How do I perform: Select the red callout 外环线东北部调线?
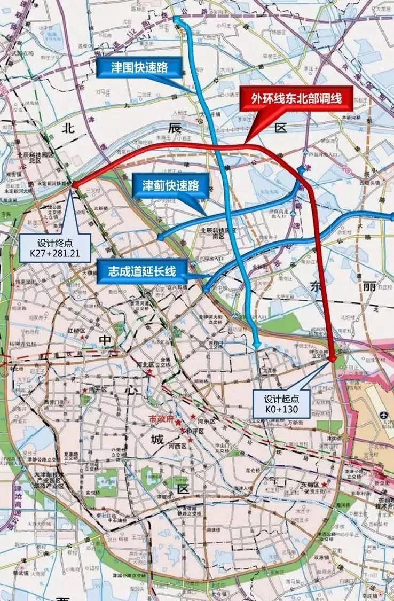click(x=297, y=99)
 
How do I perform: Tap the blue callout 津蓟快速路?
click(x=170, y=185)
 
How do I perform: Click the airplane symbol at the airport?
click(x=384, y=416)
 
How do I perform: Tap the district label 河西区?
click(x=176, y=445)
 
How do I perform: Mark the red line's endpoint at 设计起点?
click(x=333, y=360)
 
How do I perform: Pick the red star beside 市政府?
click(x=178, y=422)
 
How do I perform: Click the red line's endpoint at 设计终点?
click(x=73, y=184)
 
